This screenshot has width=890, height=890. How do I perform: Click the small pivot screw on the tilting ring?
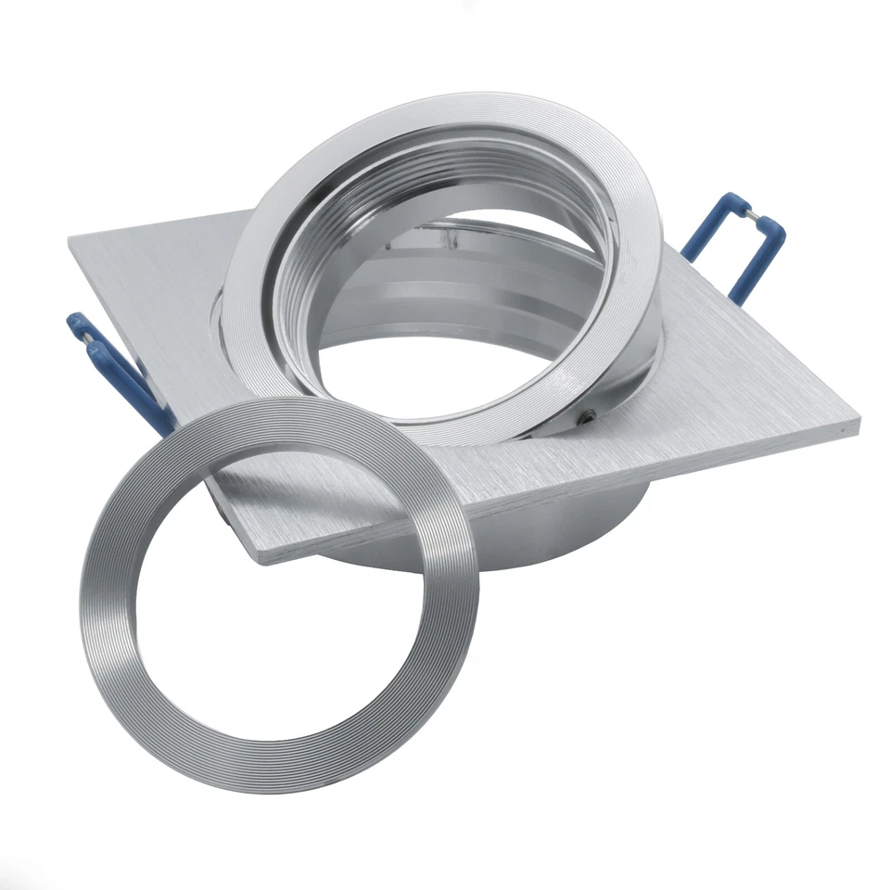(587, 418)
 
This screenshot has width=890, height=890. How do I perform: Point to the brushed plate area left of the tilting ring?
(158, 278)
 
